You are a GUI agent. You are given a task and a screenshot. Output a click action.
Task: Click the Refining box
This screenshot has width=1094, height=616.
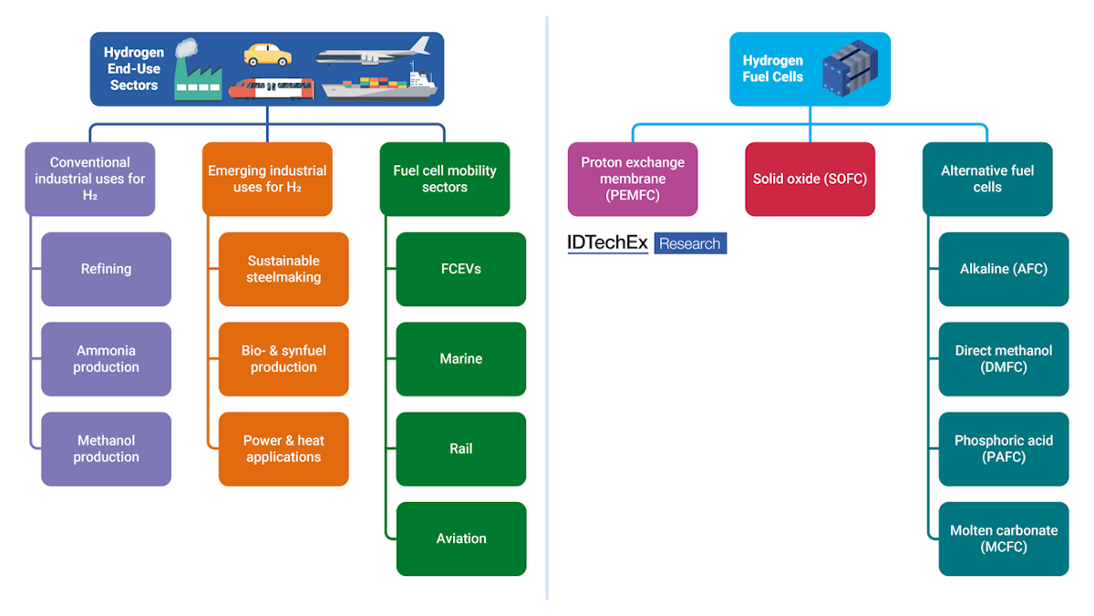click(106, 269)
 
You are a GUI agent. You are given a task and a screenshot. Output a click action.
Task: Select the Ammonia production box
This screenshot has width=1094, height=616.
click(106, 359)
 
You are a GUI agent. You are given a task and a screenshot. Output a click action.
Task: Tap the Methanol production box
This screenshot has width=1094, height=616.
click(106, 448)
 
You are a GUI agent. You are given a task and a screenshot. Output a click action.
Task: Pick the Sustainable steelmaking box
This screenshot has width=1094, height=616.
click(284, 269)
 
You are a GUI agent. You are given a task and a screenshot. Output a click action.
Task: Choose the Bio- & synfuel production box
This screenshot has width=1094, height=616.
click(284, 359)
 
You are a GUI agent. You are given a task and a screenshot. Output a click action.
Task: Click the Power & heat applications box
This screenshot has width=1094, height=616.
click(284, 448)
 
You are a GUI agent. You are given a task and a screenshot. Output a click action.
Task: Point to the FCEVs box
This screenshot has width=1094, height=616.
click(460, 269)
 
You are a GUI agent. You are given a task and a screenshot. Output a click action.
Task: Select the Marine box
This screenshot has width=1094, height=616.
click(460, 359)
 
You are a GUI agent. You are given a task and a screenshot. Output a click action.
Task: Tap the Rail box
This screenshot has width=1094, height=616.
click(460, 448)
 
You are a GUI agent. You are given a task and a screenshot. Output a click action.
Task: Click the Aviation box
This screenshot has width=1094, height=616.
click(460, 539)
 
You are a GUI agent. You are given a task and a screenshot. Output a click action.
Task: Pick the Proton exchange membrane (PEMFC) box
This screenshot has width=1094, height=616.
click(633, 179)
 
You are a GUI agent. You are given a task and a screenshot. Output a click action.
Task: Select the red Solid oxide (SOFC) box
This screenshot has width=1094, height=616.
click(810, 179)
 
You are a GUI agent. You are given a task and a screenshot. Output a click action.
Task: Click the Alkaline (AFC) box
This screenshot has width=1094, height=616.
click(1003, 269)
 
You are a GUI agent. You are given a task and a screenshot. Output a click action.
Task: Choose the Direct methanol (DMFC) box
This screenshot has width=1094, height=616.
click(1003, 359)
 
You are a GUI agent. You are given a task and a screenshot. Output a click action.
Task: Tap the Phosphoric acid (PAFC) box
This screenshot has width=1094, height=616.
click(1003, 448)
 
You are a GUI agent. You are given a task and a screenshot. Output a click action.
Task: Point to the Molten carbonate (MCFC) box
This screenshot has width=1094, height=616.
click(1003, 539)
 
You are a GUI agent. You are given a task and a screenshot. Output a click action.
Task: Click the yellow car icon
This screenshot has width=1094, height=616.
click(267, 55)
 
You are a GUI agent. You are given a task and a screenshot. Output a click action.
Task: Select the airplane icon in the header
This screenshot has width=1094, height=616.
click(374, 51)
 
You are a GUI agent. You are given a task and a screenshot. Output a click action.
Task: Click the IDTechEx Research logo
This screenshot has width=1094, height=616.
click(646, 243)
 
